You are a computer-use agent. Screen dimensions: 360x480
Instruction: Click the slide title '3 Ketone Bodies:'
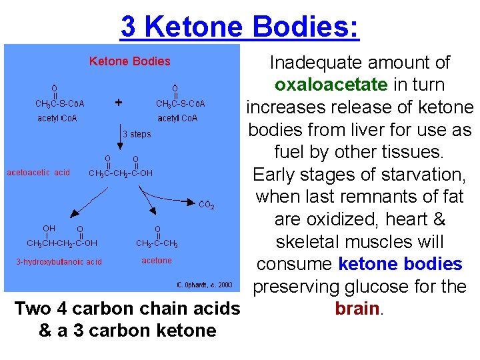pos(239,27)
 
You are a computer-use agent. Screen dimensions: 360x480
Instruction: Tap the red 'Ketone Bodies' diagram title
pos(130,61)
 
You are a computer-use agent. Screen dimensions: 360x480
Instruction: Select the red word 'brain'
pos(357,309)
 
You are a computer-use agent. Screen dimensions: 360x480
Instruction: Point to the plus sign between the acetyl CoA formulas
pos(119,103)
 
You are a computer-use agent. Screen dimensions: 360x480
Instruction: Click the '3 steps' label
pos(137,134)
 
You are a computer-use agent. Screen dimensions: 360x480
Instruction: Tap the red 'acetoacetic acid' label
pos(38,173)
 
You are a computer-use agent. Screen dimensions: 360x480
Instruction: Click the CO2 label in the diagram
pos(207,205)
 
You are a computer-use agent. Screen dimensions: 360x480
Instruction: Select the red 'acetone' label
pos(157,261)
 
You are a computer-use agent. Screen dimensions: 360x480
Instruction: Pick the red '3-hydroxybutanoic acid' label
pos(59,261)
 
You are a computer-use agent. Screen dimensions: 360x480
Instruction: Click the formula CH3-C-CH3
pos(157,243)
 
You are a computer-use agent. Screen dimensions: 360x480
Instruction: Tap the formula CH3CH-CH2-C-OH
pos(62,243)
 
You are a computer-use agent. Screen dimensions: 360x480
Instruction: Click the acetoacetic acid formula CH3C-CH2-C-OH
pos(121,173)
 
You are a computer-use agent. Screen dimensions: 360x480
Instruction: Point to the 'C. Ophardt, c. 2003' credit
pos(205,285)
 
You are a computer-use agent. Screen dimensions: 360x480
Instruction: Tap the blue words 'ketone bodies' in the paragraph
pos(400,264)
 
